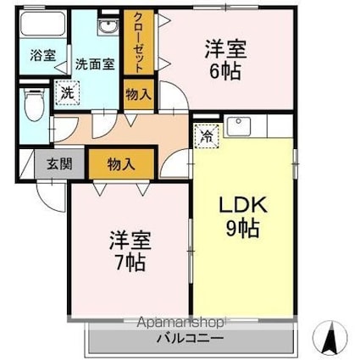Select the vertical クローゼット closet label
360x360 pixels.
136,42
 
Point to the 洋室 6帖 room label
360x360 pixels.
224,59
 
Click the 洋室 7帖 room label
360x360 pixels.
127,250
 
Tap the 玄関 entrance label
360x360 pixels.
54,164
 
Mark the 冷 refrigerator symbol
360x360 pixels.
207,133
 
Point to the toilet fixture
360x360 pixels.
32,108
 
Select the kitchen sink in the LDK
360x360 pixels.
237,127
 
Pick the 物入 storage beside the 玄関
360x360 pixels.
120,163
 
